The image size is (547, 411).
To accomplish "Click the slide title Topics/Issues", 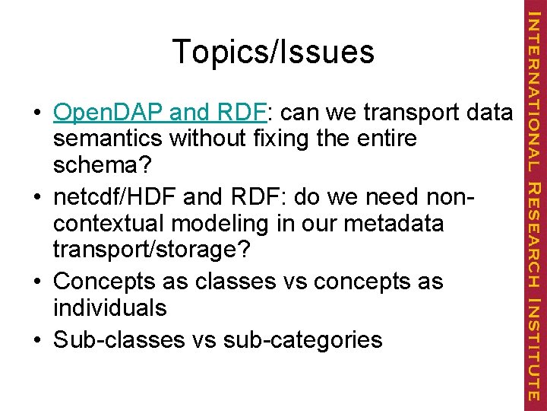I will [273, 52].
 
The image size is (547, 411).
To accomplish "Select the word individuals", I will [109, 308].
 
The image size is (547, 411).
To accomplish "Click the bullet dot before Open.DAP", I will [37, 114].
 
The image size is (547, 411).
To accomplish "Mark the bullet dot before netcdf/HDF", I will [37, 198].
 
